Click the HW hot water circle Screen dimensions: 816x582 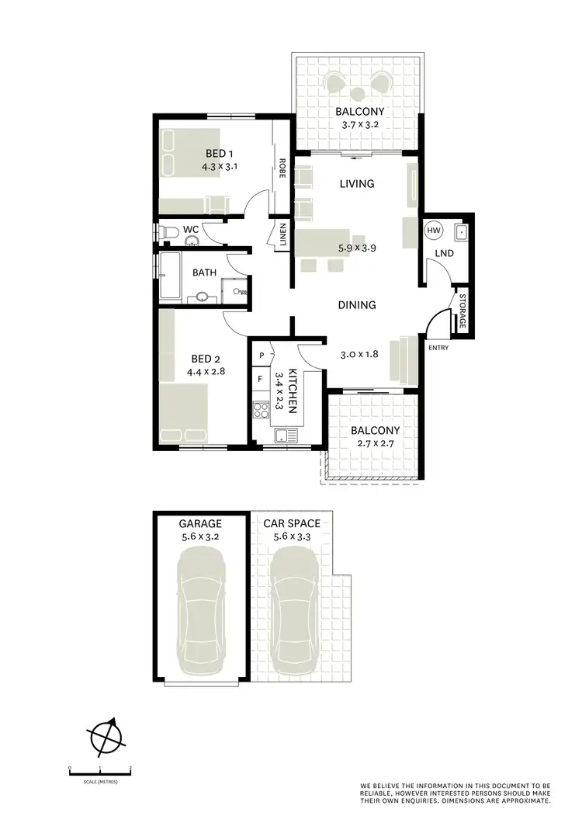coord(433,231)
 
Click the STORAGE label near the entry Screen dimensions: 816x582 coord(462,311)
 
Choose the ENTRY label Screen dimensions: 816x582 coord(438,348)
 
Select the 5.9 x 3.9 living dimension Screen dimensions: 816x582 coord(357,250)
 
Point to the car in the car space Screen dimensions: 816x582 coord(293,610)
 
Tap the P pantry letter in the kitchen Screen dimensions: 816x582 coord(262,356)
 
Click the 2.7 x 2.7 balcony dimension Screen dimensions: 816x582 coord(375,444)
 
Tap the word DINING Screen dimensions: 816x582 coord(357,305)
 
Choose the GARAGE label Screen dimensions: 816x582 coord(200,523)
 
